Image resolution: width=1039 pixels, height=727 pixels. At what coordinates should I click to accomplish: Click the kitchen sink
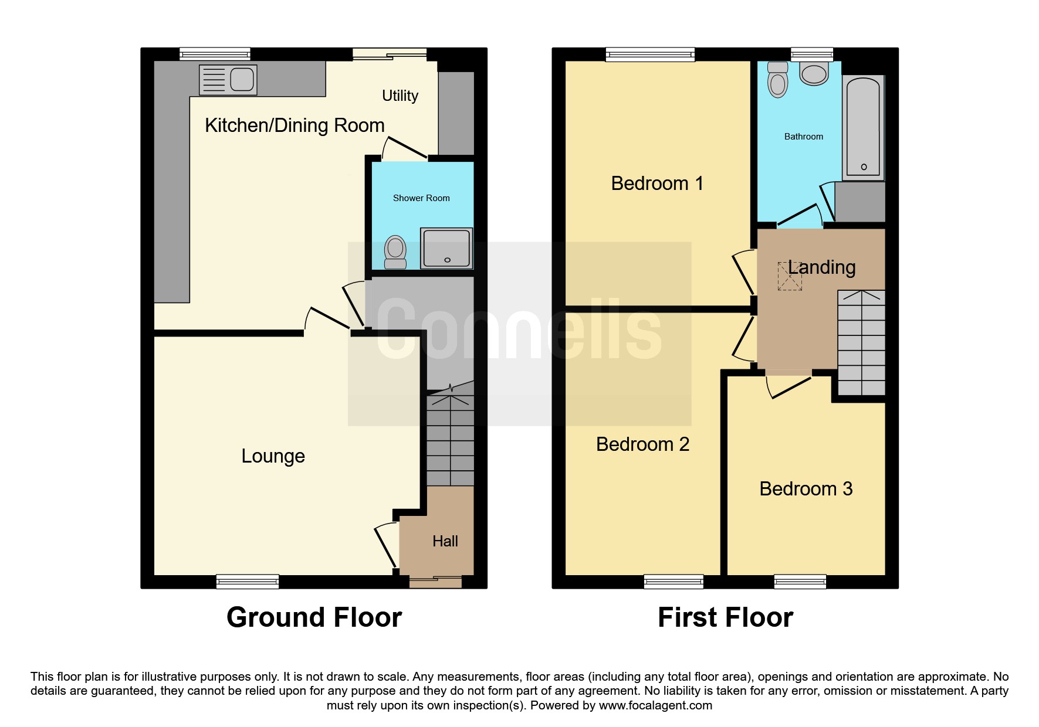pos(228,80)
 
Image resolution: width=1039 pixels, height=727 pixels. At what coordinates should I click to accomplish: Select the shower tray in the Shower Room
pos(446,248)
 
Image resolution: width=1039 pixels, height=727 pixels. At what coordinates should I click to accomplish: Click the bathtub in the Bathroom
pos(863,127)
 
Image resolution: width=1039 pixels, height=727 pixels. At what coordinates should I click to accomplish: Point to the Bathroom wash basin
pos(814,74)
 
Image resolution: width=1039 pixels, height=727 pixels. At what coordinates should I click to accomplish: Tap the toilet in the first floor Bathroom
pos(777,79)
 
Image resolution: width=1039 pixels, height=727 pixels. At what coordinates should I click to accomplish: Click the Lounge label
pos(273,456)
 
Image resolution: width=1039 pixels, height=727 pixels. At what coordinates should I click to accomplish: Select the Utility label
pos(400,96)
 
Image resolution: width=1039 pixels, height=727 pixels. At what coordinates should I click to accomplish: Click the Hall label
pos(445,541)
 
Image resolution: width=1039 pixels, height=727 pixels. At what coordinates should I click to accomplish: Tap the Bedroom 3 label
pos(806,489)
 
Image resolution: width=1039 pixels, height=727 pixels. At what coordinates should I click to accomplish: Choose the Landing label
pos(821,267)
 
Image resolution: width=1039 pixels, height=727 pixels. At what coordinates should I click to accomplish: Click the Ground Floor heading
pos(314,617)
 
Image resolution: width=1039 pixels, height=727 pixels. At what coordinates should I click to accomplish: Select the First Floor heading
pos(726,617)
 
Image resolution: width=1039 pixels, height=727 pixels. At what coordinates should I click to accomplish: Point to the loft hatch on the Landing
pos(790,276)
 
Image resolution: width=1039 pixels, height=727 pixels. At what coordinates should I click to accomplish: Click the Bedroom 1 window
pos(650,55)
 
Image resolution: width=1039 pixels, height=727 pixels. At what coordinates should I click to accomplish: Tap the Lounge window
pos(248,581)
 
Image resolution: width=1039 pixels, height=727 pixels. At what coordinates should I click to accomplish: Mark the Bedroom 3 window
pos(800,581)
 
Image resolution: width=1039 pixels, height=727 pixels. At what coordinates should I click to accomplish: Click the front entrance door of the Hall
pos(435,581)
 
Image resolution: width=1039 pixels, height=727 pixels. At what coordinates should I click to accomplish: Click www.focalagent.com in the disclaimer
pos(655,705)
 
